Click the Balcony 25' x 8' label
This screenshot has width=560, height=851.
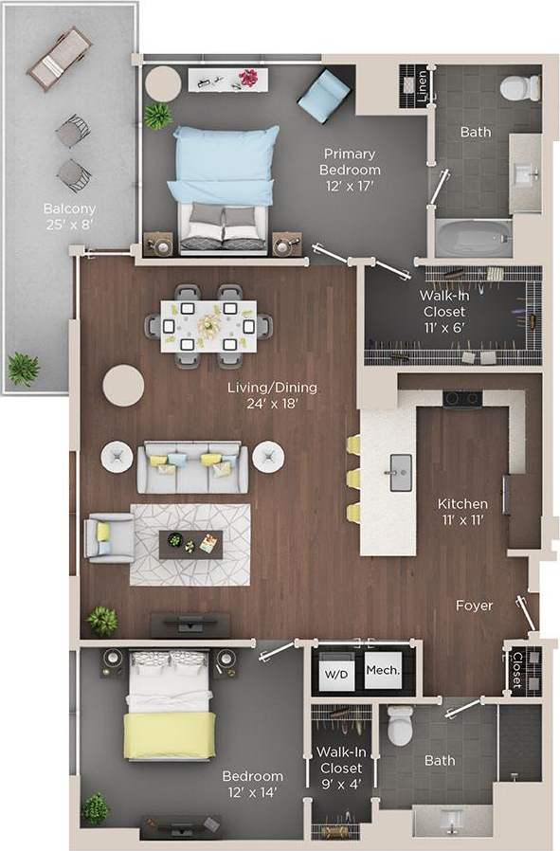[x=69, y=216]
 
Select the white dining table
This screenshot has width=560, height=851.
[x=208, y=324]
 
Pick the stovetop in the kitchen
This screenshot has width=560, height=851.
[x=461, y=399]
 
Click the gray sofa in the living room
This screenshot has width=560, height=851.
[x=193, y=468]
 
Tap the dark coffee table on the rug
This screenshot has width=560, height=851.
[x=190, y=544]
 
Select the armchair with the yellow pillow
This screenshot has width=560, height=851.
[x=108, y=537]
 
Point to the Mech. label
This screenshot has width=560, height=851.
[x=383, y=670]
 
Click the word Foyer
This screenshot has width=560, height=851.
[x=474, y=606]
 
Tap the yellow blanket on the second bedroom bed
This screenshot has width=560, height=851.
[x=171, y=735]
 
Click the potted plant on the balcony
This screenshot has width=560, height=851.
[x=24, y=368]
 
